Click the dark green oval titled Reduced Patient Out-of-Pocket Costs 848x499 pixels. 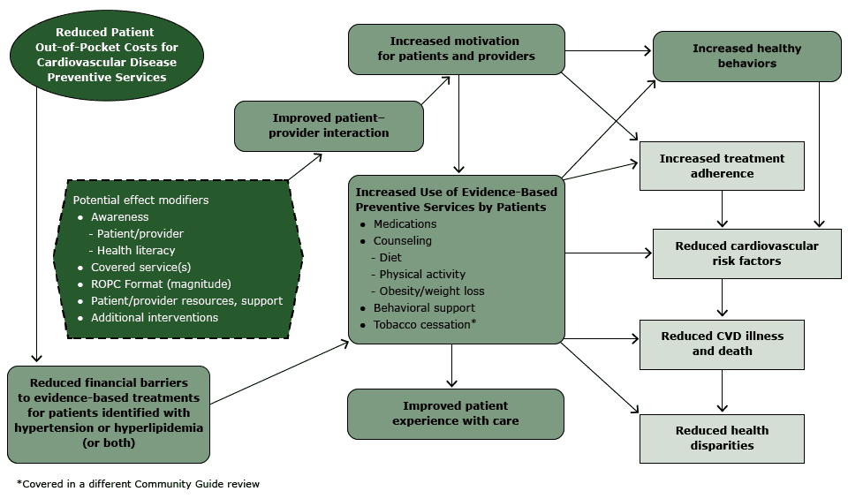pyautogui.click(x=106, y=55)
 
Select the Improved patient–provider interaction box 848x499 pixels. pyautogui.click(x=329, y=125)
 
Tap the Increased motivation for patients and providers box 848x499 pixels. pyautogui.click(x=456, y=49)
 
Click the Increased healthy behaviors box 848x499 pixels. pyautogui.click(x=746, y=57)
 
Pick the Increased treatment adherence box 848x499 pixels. pyautogui.click(x=722, y=166)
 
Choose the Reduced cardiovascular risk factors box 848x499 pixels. pyautogui.click(x=746, y=253)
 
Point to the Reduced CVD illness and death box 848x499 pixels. pyautogui.click(x=722, y=344)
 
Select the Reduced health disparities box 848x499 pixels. pyautogui.click(x=722, y=438)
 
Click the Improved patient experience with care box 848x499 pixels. pyautogui.click(x=456, y=414)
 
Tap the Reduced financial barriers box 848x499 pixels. pyautogui.click(x=108, y=414)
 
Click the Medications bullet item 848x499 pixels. pyautogui.click(x=405, y=224)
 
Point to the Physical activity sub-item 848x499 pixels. pyautogui.click(x=422, y=275)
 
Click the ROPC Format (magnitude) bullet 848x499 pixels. pyautogui.click(x=161, y=284)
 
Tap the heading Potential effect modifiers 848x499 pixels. pyautogui.click(x=140, y=200)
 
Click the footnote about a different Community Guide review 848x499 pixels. pyautogui.click(x=138, y=484)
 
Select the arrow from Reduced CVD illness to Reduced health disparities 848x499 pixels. pyautogui.click(x=723, y=390)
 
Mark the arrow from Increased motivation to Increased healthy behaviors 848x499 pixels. pyautogui.click(x=609, y=51)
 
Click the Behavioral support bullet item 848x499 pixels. pyautogui.click(x=424, y=308)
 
